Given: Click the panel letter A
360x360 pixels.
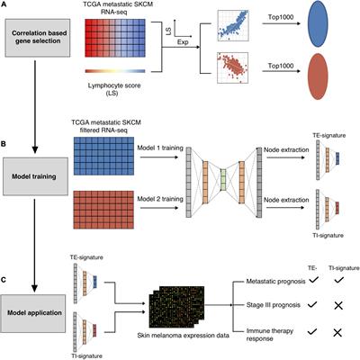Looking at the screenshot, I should tap(6, 6).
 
